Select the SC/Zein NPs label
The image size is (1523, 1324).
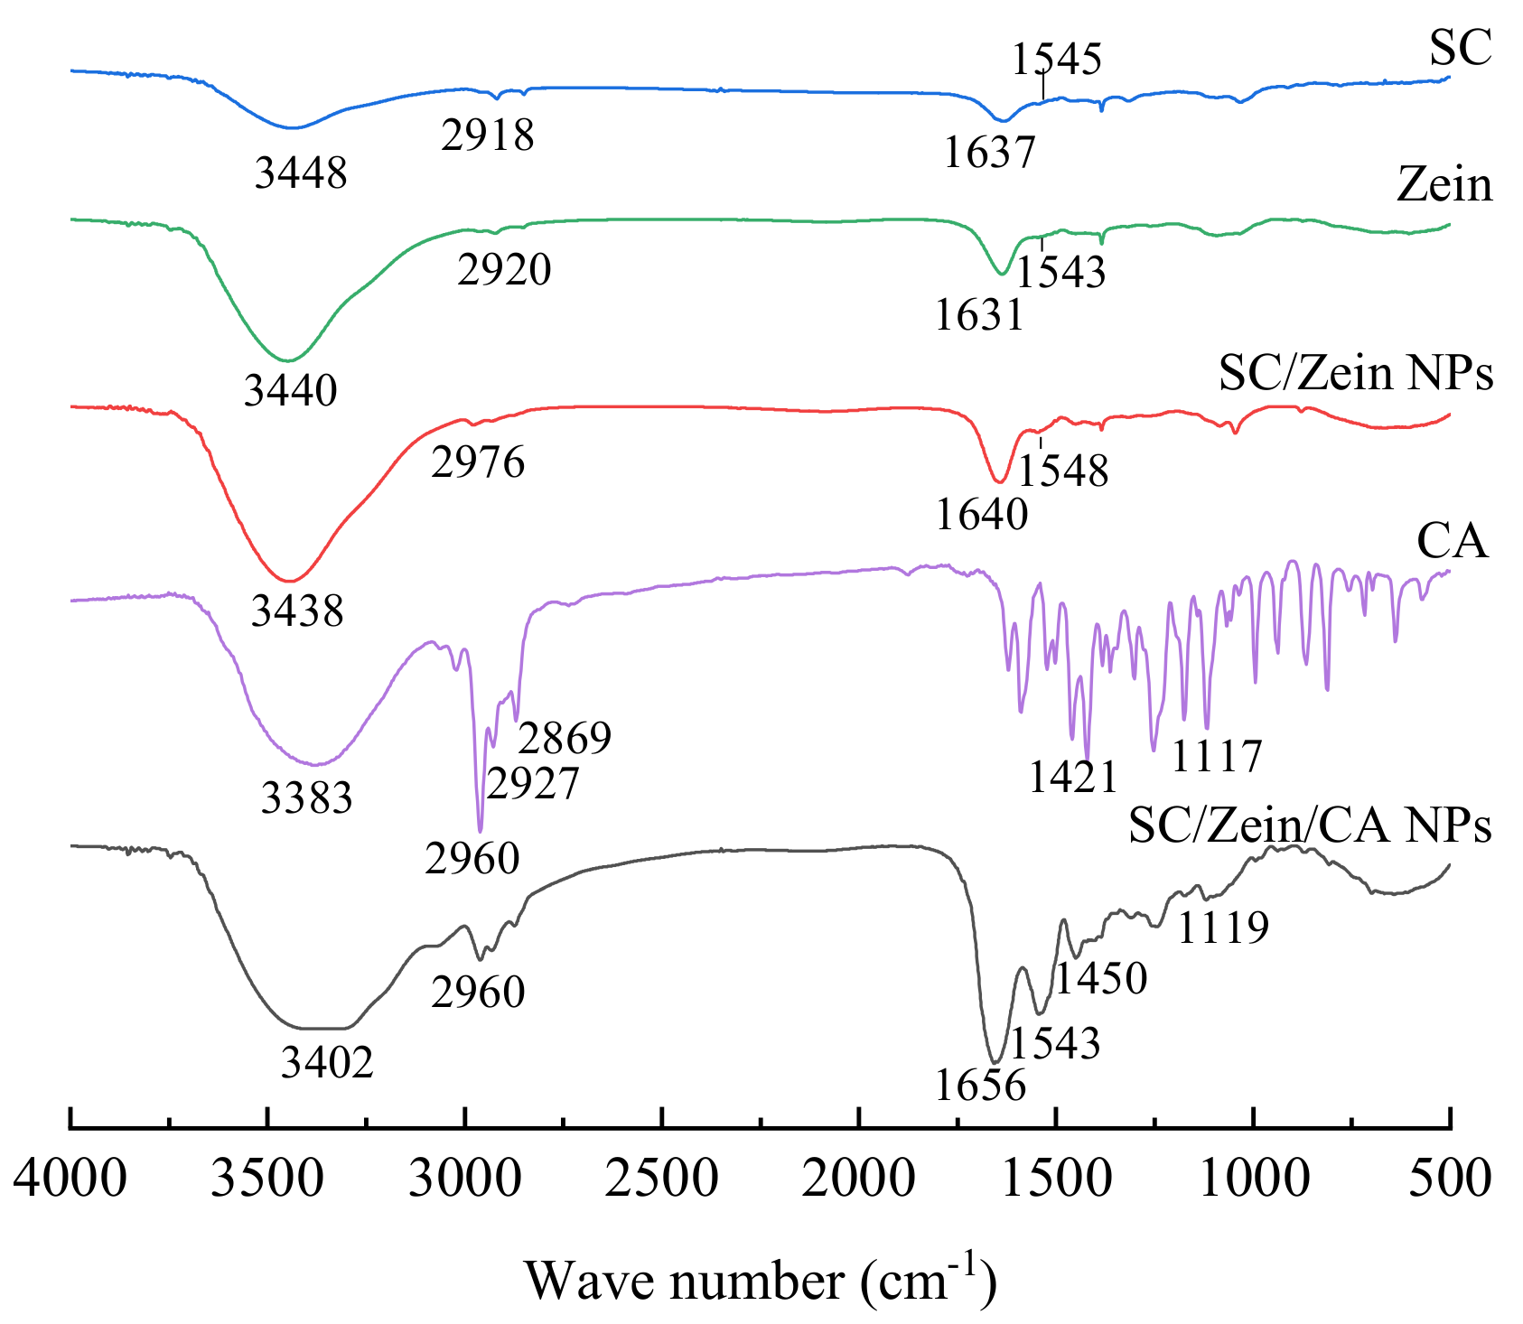[x=1356, y=372]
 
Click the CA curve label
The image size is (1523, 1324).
[x=1453, y=542]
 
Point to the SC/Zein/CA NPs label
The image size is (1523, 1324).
[x=1310, y=825]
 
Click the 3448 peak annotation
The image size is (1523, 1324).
[x=301, y=172]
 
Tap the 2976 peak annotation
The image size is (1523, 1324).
[x=478, y=462]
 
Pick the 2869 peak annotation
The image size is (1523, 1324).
[x=565, y=738]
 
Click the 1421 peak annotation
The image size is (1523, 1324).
[x=1073, y=777]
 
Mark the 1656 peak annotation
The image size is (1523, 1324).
[x=980, y=1085]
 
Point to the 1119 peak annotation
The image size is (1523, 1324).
[x=1223, y=927]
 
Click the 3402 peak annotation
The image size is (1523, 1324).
[x=327, y=1063]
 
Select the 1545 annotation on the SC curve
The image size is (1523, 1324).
[x=1056, y=60]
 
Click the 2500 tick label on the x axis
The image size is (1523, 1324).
[x=662, y=1179]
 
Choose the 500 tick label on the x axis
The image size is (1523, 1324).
[x=1449, y=1179]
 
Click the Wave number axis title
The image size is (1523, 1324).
[x=761, y=1280]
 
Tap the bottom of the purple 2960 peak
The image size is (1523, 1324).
[x=480, y=831]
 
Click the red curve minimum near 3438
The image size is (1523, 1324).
[x=288, y=581]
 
